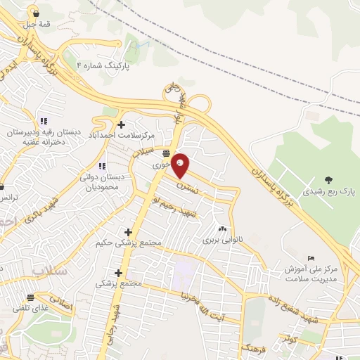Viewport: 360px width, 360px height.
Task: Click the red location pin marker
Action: (181, 165)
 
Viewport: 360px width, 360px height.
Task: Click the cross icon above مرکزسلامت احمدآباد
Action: (122, 124)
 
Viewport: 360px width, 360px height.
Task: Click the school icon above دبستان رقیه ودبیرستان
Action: (44, 121)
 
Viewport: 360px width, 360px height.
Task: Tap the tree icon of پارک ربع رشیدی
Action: (330, 179)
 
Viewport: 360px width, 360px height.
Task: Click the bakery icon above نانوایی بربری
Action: (222, 229)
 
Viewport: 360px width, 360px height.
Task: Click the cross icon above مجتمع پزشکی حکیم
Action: (128, 232)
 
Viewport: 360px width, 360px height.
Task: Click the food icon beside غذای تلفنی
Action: (30, 298)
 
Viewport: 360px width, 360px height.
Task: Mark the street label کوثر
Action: (288, 339)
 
